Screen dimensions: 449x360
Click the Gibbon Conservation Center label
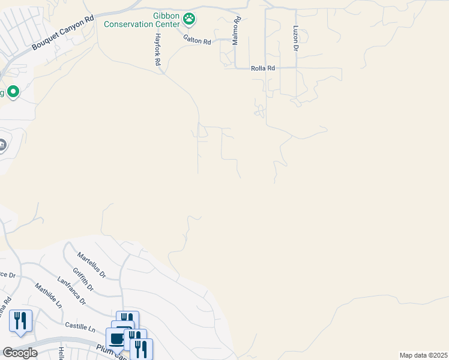(142, 20)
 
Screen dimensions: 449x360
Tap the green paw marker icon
(190, 19)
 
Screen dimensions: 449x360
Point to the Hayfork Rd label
(157, 46)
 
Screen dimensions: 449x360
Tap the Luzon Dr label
(295, 38)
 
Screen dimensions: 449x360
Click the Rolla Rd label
(263, 68)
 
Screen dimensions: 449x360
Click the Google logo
(20, 352)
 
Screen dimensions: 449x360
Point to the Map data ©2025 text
(423, 355)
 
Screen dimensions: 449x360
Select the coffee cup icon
(116, 338)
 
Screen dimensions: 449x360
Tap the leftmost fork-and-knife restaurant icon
(21, 320)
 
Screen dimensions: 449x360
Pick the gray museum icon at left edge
(2, 145)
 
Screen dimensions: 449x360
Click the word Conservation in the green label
(142, 25)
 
